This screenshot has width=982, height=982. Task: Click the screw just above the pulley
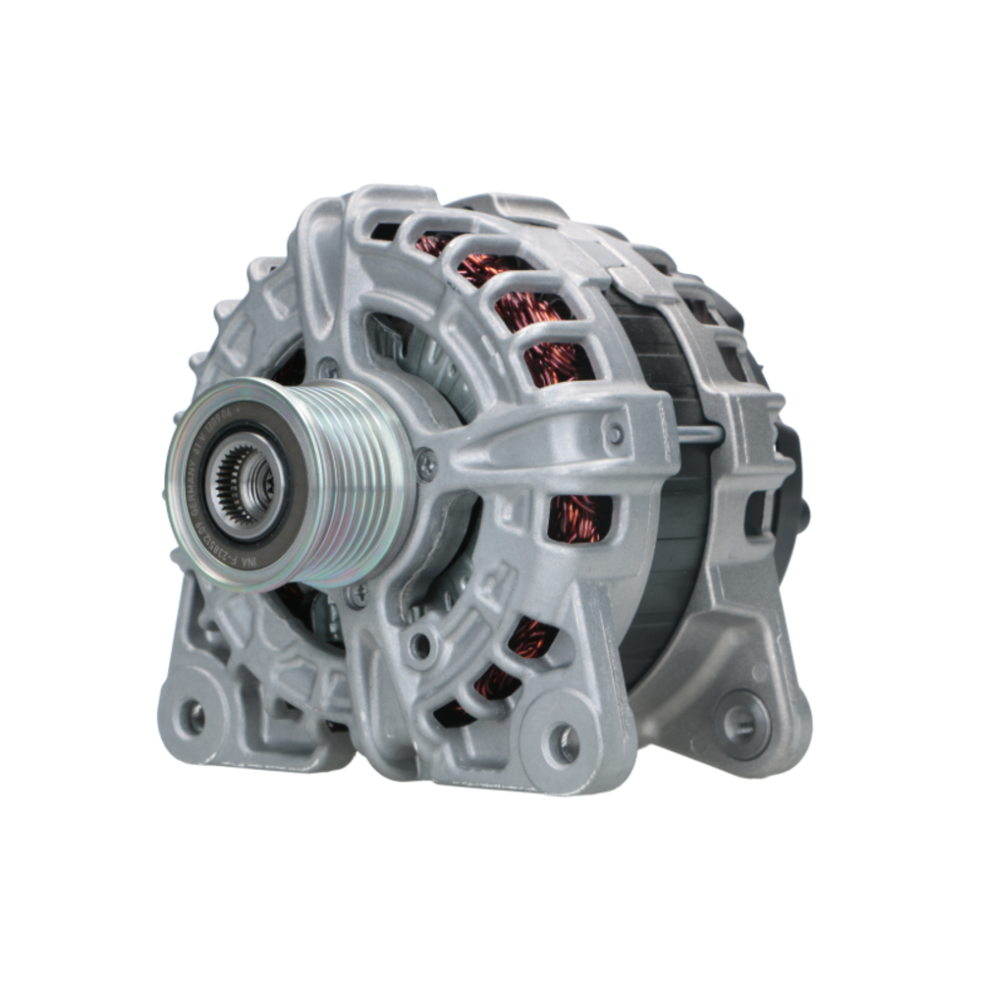[328, 368]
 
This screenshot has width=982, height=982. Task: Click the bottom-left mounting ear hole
[196, 717]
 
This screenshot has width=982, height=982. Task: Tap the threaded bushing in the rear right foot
[738, 725]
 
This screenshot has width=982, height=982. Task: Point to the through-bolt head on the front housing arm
[616, 432]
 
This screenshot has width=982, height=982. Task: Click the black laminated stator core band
[668, 550]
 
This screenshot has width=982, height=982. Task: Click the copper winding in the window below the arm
[574, 516]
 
